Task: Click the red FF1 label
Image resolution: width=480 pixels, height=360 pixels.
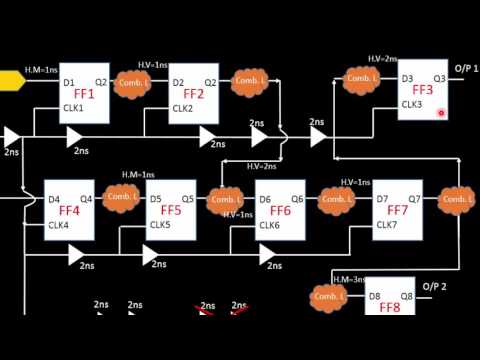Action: pyautogui.click(x=84, y=95)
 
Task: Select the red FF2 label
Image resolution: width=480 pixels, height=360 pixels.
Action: pyautogui.click(x=194, y=95)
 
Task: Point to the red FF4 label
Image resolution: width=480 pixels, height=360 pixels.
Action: pyautogui.click(x=69, y=212)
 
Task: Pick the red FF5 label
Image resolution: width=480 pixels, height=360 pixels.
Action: pyautogui.click(x=171, y=212)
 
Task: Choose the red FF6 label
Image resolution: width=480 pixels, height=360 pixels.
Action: pyautogui.click(x=280, y=212)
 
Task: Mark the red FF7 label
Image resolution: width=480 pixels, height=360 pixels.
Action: pyautogui.click(x=397, y=212)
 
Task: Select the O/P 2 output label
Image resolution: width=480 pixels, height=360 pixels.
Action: pyautogui.click(x=436, y=288)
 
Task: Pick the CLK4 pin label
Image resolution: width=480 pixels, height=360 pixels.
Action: pyautogui.click(x=59, y=225)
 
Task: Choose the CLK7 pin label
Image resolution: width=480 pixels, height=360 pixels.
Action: pyautogui.click(x=387, y=225)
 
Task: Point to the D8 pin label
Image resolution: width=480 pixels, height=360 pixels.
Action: pyautogui.click(x=375, y=297)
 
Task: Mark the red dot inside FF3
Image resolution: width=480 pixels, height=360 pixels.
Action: pyautogui.click(x=441, y=113)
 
